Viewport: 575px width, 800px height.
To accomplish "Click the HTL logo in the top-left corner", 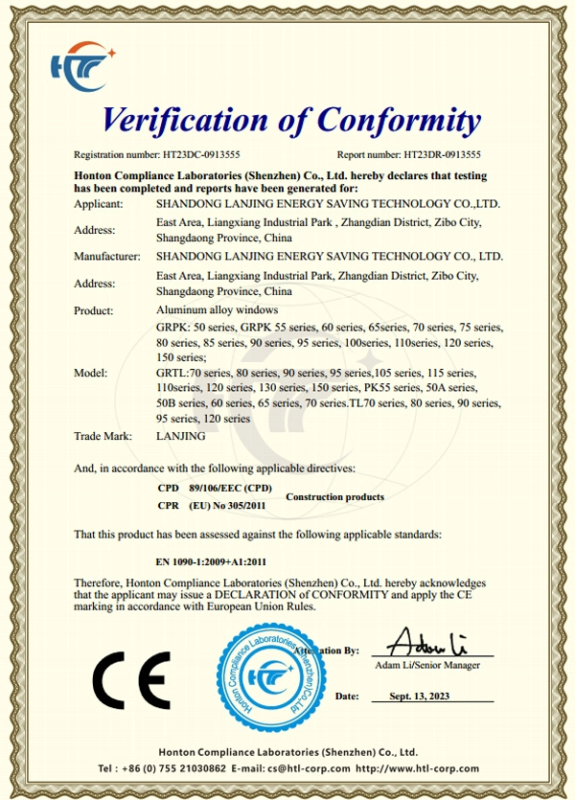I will tap(82, 64).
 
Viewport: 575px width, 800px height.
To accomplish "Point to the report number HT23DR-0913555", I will tap(442, 153).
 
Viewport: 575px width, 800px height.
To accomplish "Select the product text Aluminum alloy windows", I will tap(217, 309).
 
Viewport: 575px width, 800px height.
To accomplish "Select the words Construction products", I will tap(335, 497).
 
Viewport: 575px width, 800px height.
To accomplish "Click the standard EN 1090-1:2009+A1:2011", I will tap(210, 562).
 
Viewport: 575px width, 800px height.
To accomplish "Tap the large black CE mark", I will tap(131, 678).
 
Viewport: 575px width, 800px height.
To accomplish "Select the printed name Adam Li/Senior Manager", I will tap(427, 665).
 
